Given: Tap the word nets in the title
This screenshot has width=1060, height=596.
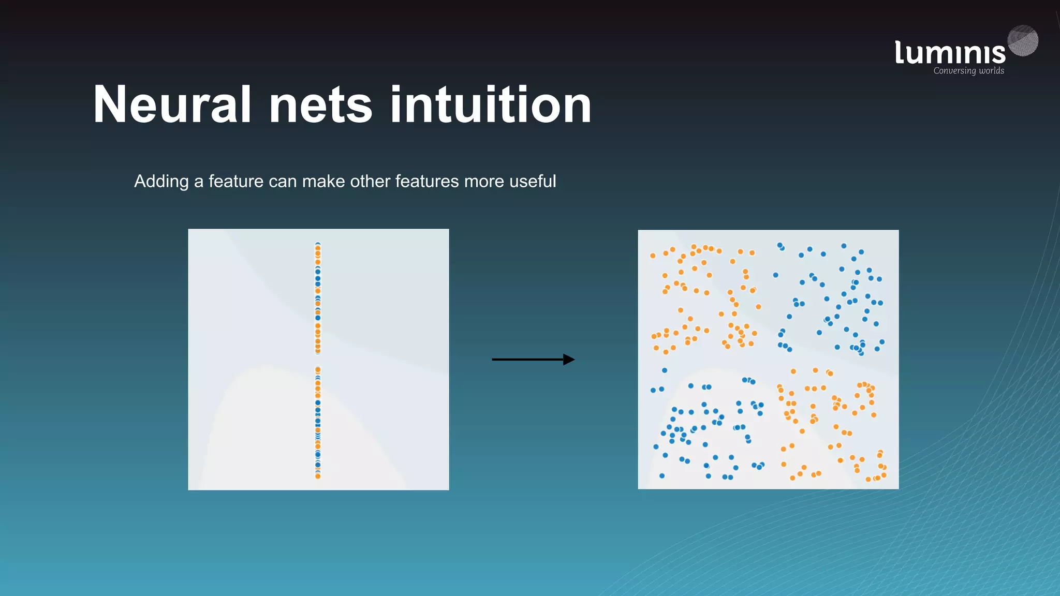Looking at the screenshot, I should pos(320,105).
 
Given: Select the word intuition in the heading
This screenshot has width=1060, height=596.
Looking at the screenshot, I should pos(491,105).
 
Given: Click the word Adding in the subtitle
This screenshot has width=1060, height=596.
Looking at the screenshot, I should pos(161,182).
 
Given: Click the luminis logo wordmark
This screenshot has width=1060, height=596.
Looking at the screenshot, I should pos(950,53).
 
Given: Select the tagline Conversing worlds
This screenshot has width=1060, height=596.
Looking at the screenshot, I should pos(968,71).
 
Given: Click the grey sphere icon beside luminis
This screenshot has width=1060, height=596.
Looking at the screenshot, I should pos(1023,40).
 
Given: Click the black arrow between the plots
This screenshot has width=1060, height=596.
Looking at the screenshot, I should pos(528,359).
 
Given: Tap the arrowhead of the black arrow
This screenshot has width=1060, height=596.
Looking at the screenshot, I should pos(569,359).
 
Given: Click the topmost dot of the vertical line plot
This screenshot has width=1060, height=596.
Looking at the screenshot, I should pos(318,244).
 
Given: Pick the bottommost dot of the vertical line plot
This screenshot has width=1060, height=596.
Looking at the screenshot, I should pos(318,476).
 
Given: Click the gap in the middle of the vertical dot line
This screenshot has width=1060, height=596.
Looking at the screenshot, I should pos(318,361).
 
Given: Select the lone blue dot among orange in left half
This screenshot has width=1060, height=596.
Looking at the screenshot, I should pos(665,370).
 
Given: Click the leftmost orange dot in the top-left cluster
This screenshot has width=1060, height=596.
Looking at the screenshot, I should pos(653,256).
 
